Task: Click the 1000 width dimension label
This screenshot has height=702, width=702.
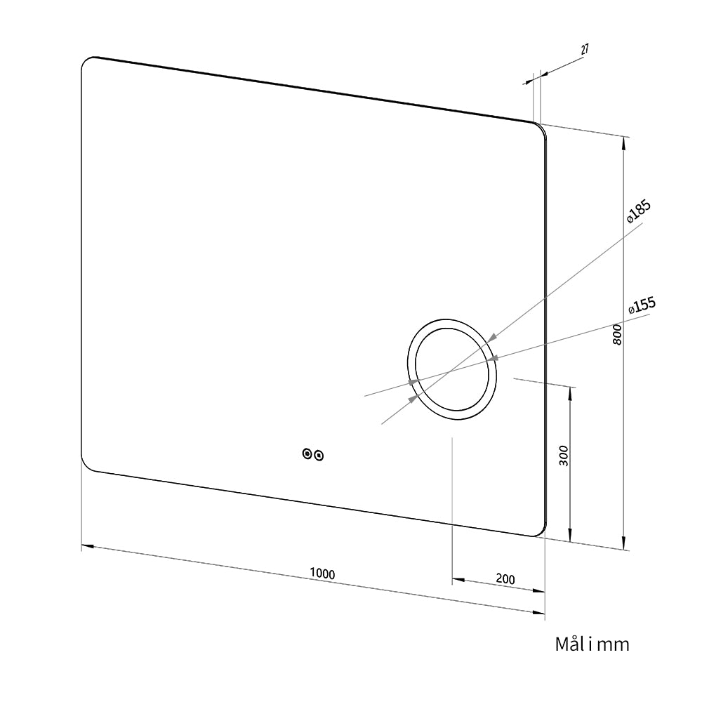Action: pyautogui.click(x=322, y=573)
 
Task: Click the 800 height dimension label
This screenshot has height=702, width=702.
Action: pyautogui.click(x=617, y=334)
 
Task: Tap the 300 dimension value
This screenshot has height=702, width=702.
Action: pyautogui.click(x=564, y=456)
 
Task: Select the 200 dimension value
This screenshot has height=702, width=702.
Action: pyautogui.click(x=505, y=579)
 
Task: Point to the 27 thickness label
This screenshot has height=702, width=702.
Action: pyautogui.click(x=585, y=49)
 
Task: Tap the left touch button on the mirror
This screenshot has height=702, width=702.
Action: pyautogui.click(x=307, y=453)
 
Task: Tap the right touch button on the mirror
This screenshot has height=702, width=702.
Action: pyautogui.click(x=319, y=456)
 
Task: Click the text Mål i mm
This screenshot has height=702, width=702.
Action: pyautogui.click(x=592, y=644)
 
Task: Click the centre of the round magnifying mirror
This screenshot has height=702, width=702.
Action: pyautogui.click(x=451, y=370)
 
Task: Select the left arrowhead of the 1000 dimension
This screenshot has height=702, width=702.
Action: pyautogui.click(x=87, y=546)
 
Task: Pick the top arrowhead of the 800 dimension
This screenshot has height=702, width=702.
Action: pyautogui.click(x=623, y=143)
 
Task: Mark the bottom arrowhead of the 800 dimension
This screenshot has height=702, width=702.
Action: pyautogui.click(x=623, y=543)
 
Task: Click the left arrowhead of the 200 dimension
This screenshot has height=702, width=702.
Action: pyautogui.click(x=458, y=581)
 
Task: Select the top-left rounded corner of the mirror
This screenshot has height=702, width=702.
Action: pyautogui.click(x=86, y=62)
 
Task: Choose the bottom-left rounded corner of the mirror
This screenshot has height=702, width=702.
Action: pyautogui.click(x=86, y=465)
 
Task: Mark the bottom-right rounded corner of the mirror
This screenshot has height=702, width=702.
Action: pyautogui.click(x=542, y=531)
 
